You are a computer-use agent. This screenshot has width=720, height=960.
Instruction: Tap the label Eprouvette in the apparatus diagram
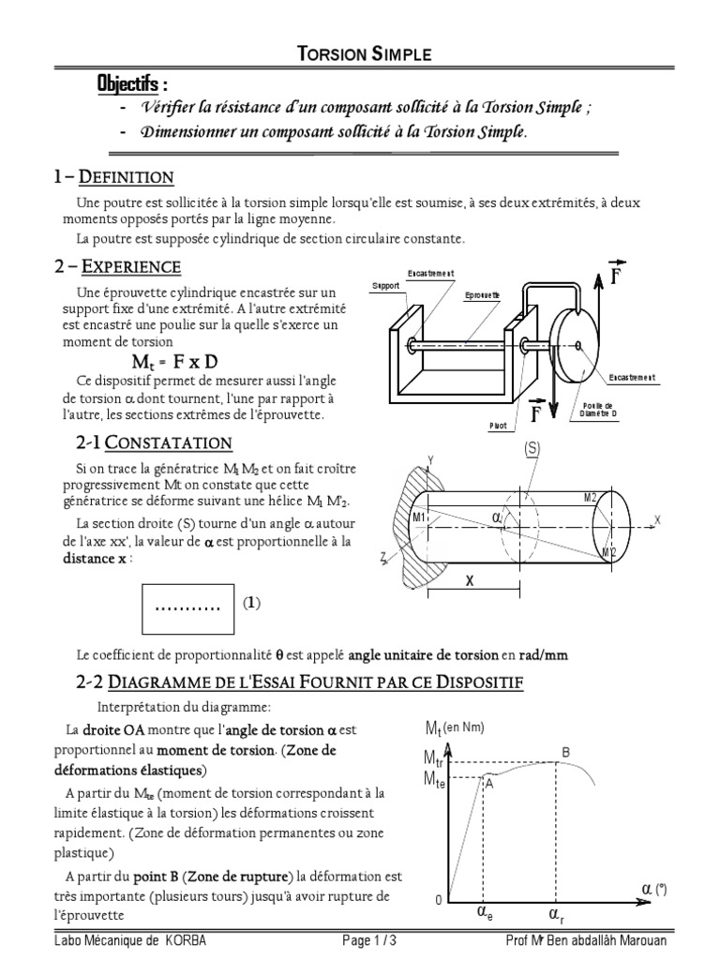[482, 294]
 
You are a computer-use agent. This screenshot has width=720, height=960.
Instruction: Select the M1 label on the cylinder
[419, 517]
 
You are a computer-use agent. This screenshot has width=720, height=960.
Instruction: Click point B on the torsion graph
[564, 752]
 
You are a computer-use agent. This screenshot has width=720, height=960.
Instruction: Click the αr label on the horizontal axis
[557, 912]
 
